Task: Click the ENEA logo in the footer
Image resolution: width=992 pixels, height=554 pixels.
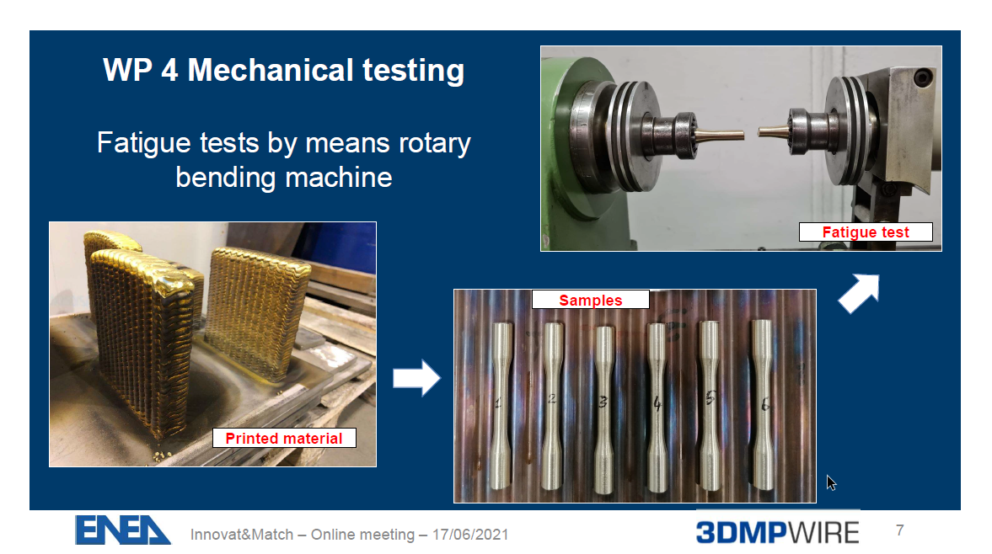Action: [x=122, y=530]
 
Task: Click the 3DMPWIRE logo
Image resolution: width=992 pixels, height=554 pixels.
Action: [x=777, y=532]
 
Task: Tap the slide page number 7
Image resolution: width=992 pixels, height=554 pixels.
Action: [x=899, y=530]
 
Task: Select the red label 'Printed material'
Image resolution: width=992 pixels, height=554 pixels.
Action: [x=284, y=438]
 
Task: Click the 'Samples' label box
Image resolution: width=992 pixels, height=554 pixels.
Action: [x=590, y=300]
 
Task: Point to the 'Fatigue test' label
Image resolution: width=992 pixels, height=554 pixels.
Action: [x=866, y=232]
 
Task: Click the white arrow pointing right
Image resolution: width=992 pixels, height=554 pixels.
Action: [x=416, y=378]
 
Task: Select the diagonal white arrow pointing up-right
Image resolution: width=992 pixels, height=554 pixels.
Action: [x=859, y=293]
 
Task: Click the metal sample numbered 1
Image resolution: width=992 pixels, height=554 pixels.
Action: [x=501, y=405]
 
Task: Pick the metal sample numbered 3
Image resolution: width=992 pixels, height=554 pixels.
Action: [x=604, y=408]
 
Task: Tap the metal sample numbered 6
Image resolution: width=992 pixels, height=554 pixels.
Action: [x=762, y=404]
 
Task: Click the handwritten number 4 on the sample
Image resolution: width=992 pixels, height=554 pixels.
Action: [x=657, y=402]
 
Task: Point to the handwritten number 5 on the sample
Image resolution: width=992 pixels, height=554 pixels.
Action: [x=710, y=398]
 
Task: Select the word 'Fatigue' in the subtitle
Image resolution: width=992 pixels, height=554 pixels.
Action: [x=143, y=143]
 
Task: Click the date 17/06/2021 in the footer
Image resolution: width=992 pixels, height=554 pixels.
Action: [x=470, y=535]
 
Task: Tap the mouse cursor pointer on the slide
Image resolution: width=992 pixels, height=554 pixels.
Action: [x=831, y=482]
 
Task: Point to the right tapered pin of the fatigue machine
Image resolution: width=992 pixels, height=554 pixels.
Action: [x=773, y=131]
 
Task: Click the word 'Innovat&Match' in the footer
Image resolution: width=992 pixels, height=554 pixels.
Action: [x=242, y=535]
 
